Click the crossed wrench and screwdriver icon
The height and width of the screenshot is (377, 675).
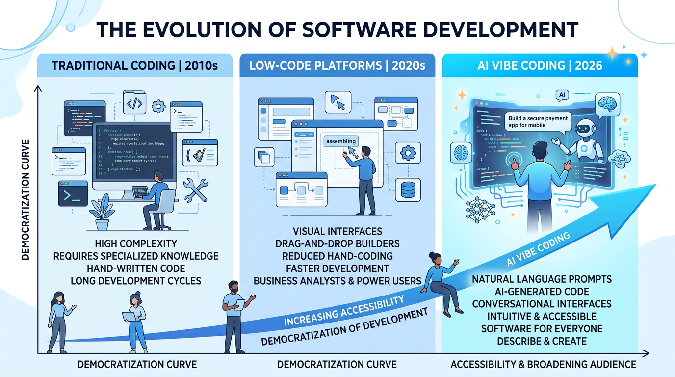pyautogui.click(x=196, y=190)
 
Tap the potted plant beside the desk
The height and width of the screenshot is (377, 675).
pyautogui.click(x=102, y=213)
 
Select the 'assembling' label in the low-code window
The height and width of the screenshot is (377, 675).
pyautogui.click(x=340, y=141)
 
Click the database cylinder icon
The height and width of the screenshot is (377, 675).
pyautogui.click(x=408, y=190)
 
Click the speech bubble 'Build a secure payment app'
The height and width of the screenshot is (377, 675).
pyautogui.click(x=539, y=122)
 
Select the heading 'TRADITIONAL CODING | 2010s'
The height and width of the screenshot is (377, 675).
pyautogui.click(x=134, y=65)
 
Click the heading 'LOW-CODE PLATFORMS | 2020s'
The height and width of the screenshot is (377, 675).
pyautogui.click(x=337, y=65)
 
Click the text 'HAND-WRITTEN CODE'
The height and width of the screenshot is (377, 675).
pyautogui.click(x=136, y=269)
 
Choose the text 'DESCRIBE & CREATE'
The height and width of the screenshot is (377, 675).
pyautogui.click(x=542, y=341)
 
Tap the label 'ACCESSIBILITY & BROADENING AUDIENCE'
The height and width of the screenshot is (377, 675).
pyautogui.click(x=543, y=364)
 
